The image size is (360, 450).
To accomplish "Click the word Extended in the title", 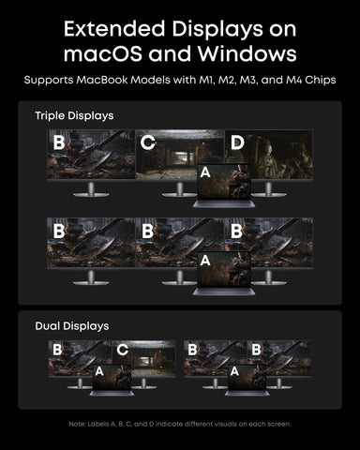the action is click(x=114, y=28).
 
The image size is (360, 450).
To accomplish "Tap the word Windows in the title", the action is click(x=247, y=53).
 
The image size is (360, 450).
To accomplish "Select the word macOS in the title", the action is click(x=103, y=53).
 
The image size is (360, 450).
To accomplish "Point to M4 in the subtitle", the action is click(x=293, y=80).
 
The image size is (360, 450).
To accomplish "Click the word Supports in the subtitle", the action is click(x=49, y=81).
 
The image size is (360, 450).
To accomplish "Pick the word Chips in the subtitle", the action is click(x=321, y=81).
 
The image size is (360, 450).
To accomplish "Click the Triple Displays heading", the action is click(x=74, y=116).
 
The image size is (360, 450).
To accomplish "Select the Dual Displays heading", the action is click(x=72, y=326).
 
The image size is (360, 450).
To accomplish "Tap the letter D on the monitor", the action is click(x=237, y=142).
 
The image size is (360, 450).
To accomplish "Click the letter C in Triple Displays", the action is click(x=147, y=142).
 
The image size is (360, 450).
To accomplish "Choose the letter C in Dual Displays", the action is click(x=123, y=350).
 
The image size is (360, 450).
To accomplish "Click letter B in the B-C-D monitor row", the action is click(x=59, y=142).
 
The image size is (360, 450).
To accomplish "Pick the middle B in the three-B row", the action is click(x=147, y=232).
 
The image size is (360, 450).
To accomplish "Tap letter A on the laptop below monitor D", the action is click(x=205, y=172).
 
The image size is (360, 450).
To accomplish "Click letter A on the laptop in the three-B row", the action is click(x=205, y=261).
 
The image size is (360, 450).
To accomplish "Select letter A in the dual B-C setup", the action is click(x=99, y=371).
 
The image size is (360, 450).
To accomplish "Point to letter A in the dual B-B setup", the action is click(x=234, y=371).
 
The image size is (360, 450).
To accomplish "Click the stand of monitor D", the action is click(x=268, y=189).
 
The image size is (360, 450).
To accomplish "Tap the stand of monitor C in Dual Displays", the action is click(x=143, y=383).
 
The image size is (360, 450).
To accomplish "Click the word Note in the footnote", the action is click(x=77, y=424).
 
